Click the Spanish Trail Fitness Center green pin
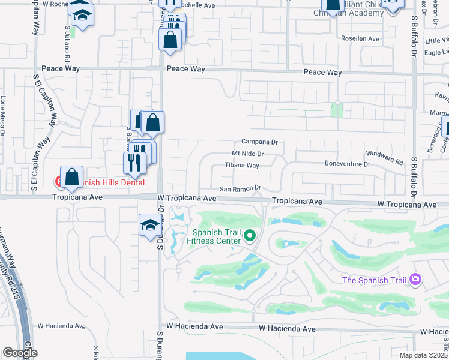(252, 236)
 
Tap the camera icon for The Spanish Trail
(415, 280)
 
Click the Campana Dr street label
(259, 142)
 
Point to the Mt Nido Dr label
(249, 154)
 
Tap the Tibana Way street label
(242, 165)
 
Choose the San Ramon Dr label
(239, 189)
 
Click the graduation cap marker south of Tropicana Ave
(149, 225)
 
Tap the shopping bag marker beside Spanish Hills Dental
(71, 176)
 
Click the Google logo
(20, 353)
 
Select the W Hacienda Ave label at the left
(62, 326)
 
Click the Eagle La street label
(435, 53)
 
